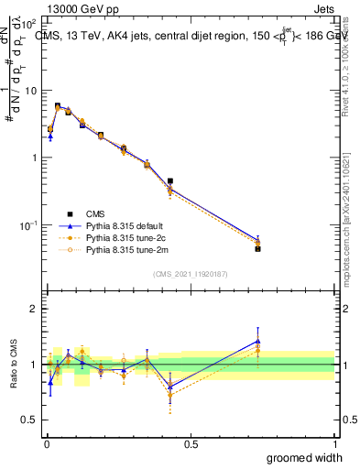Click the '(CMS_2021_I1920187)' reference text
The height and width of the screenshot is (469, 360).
point(190,273)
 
